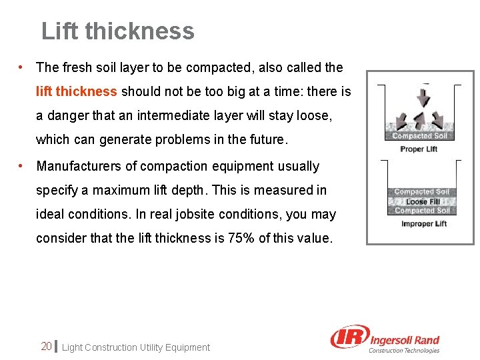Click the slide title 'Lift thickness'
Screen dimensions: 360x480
coord(118,31)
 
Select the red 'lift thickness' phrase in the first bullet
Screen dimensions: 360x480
coord(77,91)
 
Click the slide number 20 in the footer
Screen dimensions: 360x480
coord(46,346)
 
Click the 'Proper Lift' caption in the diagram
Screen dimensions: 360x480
coord(419,149)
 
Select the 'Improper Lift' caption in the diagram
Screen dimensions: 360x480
coord(424,224)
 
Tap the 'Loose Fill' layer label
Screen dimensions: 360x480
coord(423,201)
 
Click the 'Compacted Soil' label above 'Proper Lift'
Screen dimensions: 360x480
coord(421,136)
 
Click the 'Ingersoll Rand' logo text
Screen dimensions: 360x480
coord(404,340)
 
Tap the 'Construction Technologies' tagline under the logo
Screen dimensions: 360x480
coord(405,351)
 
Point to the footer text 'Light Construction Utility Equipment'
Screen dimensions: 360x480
coord(135,347)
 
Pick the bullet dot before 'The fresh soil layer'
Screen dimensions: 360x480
coord(22,67)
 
